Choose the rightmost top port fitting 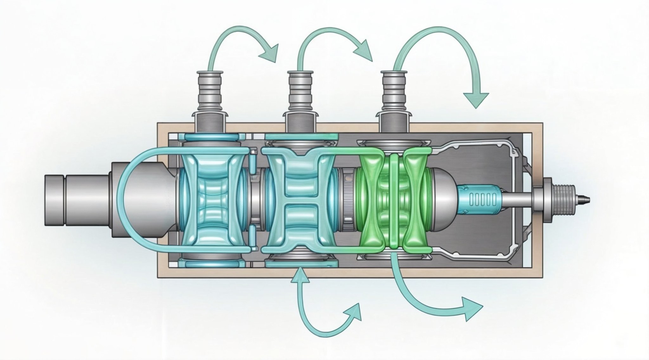click(x=394, y=95)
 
